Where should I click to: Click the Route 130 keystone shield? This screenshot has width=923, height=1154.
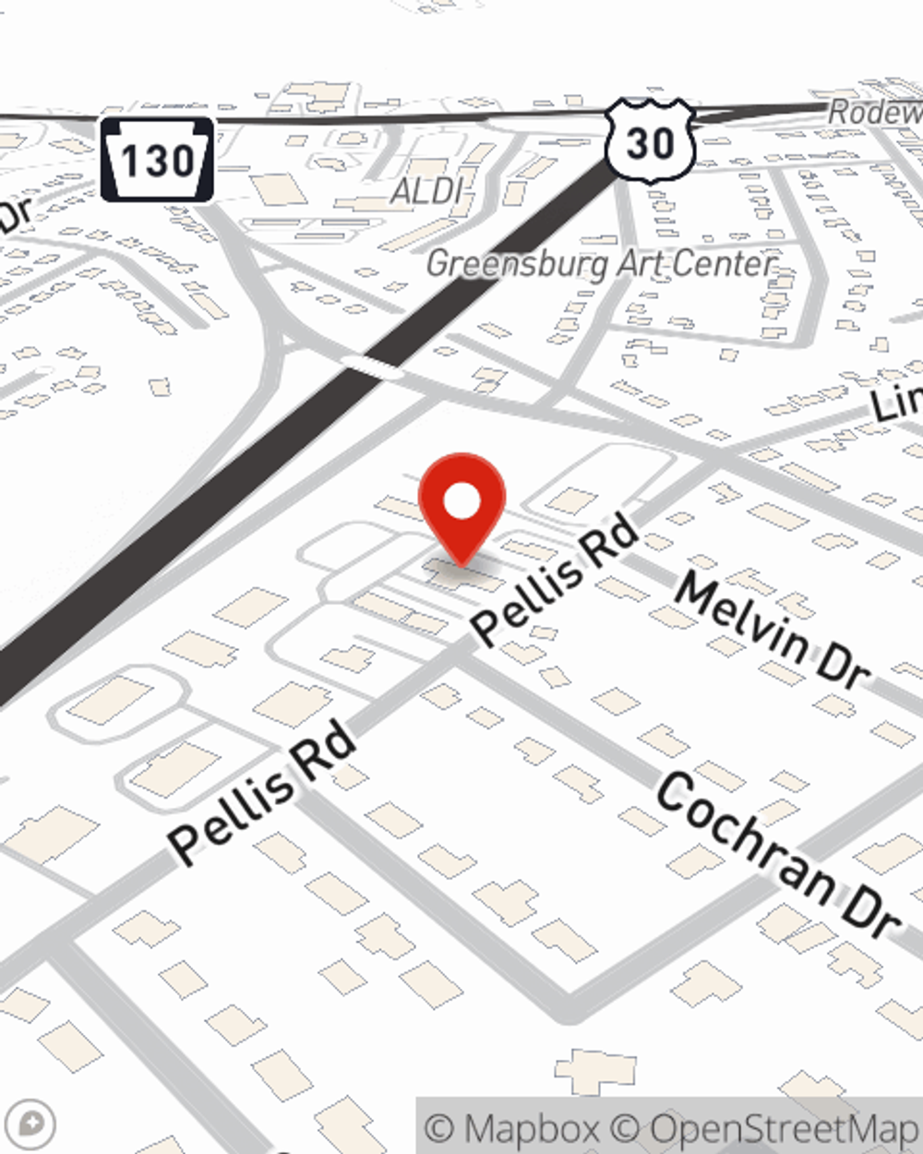[157, 160]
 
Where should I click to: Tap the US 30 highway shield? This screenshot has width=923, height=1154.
[650, 141]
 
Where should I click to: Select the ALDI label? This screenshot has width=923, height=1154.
[426, 191]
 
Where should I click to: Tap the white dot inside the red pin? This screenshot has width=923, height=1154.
[461, 501]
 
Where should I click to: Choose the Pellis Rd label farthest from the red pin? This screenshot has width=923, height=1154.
[262, 794]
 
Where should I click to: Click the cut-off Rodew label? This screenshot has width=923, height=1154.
[874, 113]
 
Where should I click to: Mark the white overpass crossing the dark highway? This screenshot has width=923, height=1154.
[371, 367]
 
